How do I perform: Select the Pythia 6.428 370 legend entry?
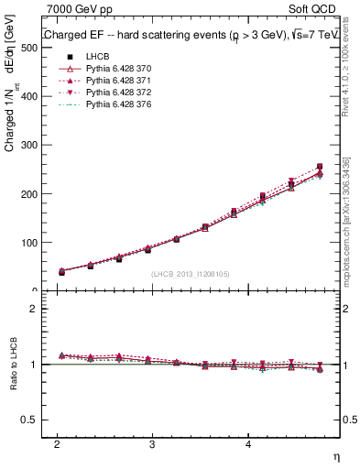click(x=113, y=69)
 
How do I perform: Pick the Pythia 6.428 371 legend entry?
click(x=113, y=81)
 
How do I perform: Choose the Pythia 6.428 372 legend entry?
click(x=113, y=93)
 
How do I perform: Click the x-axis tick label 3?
click(x=152, y=442)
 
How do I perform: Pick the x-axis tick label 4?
click(x=248, y=442)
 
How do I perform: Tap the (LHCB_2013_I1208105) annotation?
click(x=191, y=274)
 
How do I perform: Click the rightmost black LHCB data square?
click(x=320, y=167)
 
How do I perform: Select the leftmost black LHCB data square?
click(x=61, y=271)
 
